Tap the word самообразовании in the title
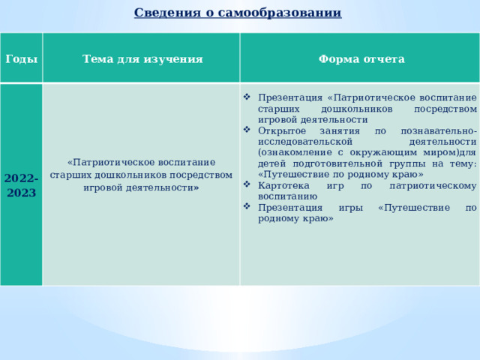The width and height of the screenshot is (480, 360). [288, 13]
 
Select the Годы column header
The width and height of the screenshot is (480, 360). [21, 58]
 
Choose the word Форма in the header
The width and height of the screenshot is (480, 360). [339, 58]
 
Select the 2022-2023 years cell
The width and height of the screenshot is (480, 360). [20, 185]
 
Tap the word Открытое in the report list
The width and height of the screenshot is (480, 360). [280, 130]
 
